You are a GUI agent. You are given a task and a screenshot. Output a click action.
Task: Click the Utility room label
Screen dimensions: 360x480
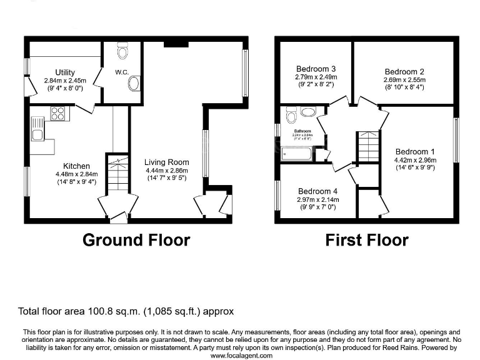(x=64, y=72)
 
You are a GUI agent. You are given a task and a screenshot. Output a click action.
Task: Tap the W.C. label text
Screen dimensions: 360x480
(x=121, y=72)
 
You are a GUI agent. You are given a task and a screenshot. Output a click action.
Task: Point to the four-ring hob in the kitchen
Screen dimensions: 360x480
(x=58, y=113)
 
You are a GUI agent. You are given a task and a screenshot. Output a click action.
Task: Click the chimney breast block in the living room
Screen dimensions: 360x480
(x=176, y=44)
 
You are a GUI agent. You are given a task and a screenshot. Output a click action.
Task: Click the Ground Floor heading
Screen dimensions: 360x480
(x=136, y=240)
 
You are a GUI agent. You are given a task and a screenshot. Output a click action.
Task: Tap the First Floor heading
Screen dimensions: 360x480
(x=367, y=240)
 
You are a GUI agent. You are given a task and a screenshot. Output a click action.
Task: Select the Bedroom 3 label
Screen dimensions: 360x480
(x=316, y=69)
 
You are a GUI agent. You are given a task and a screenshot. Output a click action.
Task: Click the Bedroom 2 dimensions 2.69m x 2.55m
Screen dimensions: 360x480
(x=404, y=80)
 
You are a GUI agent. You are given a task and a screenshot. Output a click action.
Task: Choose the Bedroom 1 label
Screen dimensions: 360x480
(x=415, y=151)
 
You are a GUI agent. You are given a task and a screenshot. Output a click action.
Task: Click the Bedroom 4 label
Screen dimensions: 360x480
(x=318, y=191)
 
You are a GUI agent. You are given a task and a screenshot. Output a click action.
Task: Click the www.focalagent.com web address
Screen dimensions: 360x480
(x=241, y=355)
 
